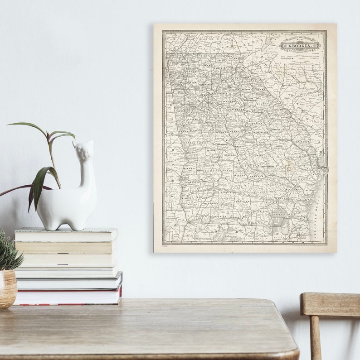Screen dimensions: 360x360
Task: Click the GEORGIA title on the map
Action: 300,44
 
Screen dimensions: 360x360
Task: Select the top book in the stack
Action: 65,235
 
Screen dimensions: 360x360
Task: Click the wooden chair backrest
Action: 330,304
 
